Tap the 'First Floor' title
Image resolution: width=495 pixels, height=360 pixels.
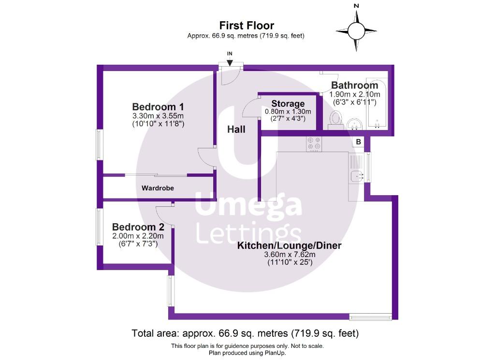pos(247,26)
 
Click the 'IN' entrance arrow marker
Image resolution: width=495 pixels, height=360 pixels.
pos(230,62)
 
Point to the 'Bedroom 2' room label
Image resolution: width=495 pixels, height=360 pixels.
pos(138,227)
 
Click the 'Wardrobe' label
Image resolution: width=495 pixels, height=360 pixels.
pos(158,188)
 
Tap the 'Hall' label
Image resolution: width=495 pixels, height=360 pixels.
pos(237,130)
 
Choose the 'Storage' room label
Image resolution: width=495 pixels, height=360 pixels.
pos(288,103)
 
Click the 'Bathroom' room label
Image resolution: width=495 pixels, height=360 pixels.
pos(354,86)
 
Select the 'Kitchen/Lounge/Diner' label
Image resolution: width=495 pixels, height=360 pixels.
pos(289,245)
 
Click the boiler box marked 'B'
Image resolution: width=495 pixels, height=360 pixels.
pos(358,142)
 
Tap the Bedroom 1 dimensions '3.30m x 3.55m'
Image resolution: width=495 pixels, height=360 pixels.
pos(158,116)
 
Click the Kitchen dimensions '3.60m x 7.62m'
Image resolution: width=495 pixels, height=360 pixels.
pos(289,255)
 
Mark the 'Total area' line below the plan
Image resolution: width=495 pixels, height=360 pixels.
pos(245,333)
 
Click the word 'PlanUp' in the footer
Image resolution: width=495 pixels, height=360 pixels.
pos(274,353)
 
